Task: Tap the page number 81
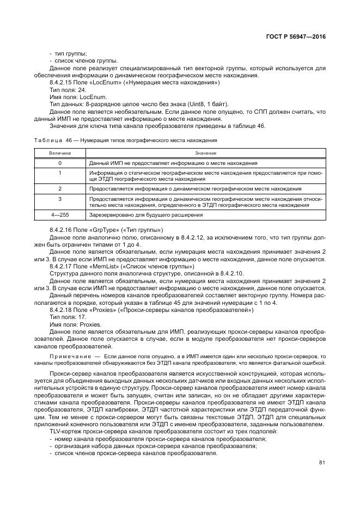pyautogui.click(x=322, y=463)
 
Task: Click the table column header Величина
pyautogui.click(x=60, y=154)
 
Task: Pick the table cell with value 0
pyautogui.click(x=60, y=163)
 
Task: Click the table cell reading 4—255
pyautogui.click(x=60, y=215)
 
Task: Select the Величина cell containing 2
pyautogui.click(x=60, y=188)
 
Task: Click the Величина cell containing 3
pyautogui.click(x=60, y=199)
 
